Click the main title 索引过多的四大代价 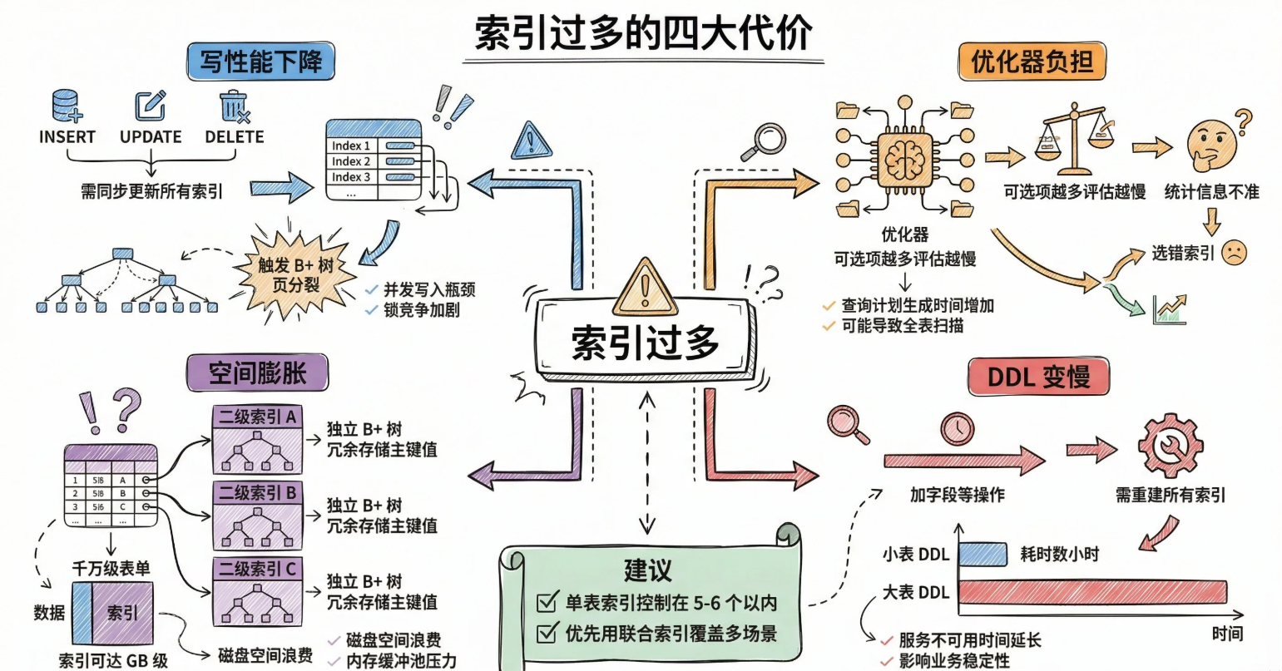tap(643, 35)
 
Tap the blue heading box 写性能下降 tap(260, 62)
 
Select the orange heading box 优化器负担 tap(1032, 62)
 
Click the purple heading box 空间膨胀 tap(257, 373)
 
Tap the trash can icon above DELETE tap(235, 107)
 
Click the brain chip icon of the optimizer tap(904, 156)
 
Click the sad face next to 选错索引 tap(1235, 253)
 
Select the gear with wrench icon tap(1169, 446)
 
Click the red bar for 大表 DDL tap(1092, 592)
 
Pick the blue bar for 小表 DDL tap(983, 554)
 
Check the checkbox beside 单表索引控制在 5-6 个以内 tap(547, 602)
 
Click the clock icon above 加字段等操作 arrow tap(957, 429)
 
